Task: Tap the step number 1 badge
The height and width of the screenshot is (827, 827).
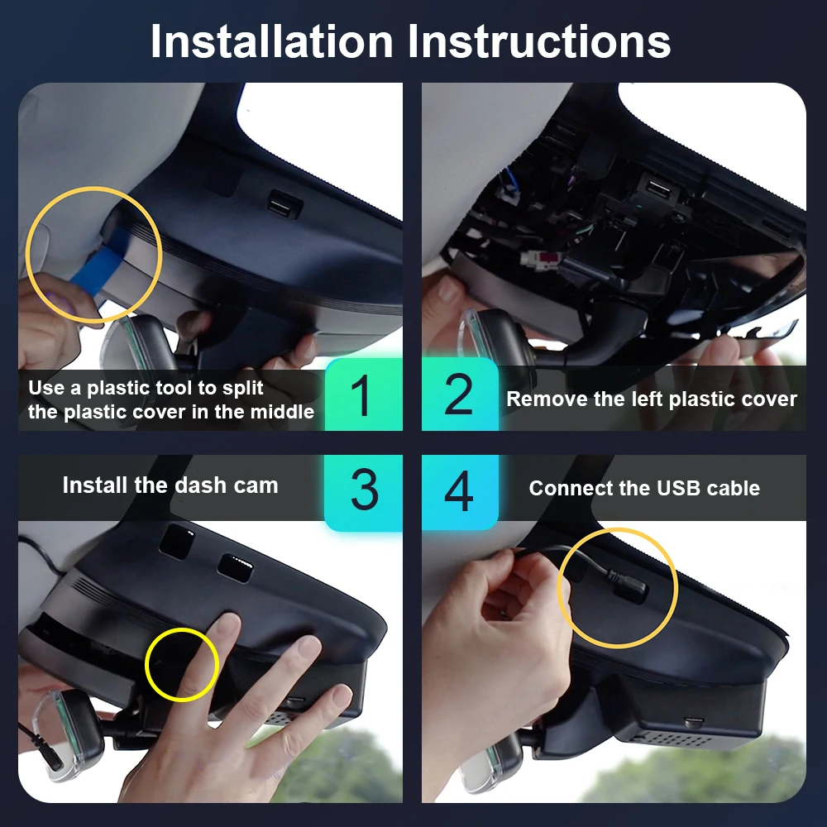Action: click(x=362, y=395)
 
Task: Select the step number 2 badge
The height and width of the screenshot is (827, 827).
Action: click(x=459, y=395)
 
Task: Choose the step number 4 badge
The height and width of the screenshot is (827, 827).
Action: click(x=459, y=490)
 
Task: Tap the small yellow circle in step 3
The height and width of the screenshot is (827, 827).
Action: click(x=181, y=664)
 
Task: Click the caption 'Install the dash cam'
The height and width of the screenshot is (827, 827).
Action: click(x=170, y=485)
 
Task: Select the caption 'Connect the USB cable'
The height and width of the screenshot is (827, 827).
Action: click(x=644, y=488)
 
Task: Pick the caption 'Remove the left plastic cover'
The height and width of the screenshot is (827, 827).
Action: click(x=651, y=399)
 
